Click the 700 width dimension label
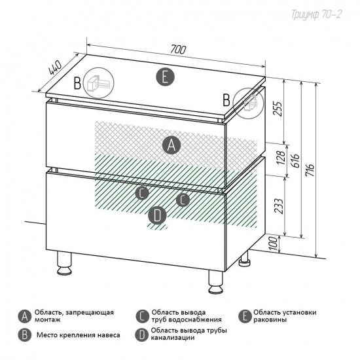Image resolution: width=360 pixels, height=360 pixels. coord(178,49)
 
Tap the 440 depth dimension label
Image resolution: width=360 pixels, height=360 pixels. coord(55,67)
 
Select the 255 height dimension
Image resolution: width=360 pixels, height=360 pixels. coord(278,109)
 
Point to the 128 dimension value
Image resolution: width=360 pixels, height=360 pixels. coord(281,158)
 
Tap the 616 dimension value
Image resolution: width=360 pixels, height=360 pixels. coord(296,160)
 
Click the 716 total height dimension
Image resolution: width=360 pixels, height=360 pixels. coord(310,170)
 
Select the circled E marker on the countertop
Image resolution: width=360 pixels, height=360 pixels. coord(165,77)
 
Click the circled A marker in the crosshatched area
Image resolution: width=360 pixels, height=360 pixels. coord(171,145)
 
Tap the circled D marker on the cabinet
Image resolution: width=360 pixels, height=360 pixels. coord(157,216)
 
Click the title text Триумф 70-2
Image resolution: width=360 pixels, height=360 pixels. coord(317,14)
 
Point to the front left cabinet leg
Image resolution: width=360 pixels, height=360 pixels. coord(64,263)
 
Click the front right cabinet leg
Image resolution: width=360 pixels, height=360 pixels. coord(215,282)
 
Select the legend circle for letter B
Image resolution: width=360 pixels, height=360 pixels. coord(25,335)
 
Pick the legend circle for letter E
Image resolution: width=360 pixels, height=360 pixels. coord(245,316)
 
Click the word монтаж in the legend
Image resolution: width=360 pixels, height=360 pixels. coord(48,320)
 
